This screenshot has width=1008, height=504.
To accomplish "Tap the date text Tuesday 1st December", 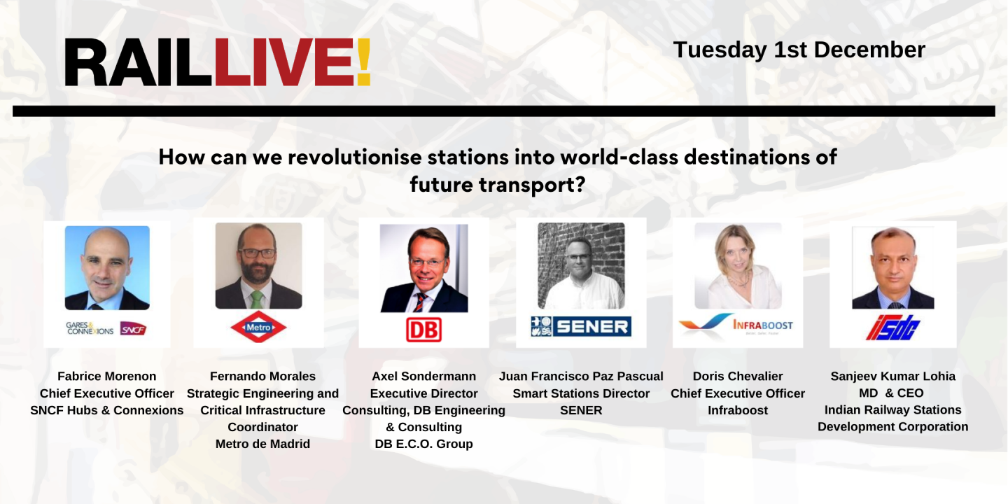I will (799, 50).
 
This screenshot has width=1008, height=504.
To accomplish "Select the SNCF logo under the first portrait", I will (133, 328).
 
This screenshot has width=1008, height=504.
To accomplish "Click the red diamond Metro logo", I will (258, 327).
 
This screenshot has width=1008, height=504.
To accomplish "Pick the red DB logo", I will (423, 329).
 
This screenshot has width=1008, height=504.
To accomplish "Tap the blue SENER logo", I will (581, 326).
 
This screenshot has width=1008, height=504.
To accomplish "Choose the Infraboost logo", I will (737, 325).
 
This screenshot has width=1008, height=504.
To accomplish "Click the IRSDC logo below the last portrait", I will (892, 327).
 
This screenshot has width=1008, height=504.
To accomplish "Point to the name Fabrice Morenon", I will (107, 377).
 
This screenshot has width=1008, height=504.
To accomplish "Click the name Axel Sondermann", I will (423, 377).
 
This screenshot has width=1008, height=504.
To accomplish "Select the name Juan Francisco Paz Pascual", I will (581, 377).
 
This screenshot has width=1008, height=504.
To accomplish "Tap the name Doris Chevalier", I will (738, 377).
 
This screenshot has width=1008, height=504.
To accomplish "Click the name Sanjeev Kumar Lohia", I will (892, 377).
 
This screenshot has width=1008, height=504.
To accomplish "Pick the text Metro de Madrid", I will (262, 444).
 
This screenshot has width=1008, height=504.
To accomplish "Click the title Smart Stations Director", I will (581, 393).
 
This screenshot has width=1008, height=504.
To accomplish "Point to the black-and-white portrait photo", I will (581, 266).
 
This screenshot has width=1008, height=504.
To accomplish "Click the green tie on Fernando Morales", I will (257, 299).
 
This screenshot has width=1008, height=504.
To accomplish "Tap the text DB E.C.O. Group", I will (423, 444).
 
